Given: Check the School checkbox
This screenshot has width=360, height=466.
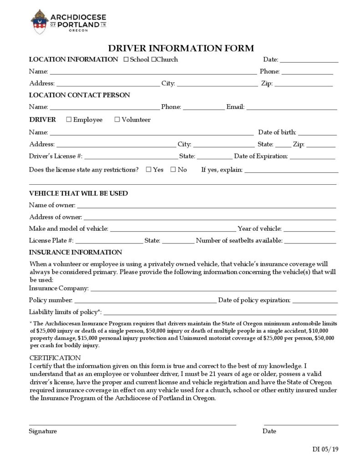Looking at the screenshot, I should coord(126,60).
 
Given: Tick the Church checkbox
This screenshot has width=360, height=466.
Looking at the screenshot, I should coord(154,60).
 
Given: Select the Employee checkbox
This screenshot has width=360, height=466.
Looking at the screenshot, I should coord(69,120).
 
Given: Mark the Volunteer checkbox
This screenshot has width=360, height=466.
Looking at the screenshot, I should coord(117,120).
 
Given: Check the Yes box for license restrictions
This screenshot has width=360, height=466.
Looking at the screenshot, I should coord(149,170).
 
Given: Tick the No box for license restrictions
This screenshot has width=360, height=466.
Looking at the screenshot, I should coord(173,170).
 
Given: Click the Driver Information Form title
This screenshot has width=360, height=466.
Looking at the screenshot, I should coord(181,48).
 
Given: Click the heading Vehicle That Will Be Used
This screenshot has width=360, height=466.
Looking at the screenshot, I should coord(78,193).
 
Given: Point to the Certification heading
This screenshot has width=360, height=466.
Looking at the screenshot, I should coord(55,358).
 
